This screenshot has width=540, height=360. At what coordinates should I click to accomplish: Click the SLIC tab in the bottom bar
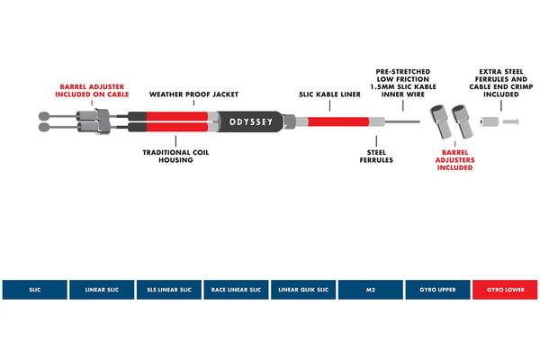click(x=34, y=289)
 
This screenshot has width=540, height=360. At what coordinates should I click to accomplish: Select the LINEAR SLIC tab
click(x=102, y=289)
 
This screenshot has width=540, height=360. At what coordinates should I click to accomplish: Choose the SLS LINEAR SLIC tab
click(x=168, y=289)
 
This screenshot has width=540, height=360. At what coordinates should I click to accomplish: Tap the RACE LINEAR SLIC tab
click(x=236, y=289)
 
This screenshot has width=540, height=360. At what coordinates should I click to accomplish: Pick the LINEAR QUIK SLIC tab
click(x=303, y=289)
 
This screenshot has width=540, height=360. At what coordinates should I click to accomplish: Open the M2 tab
click(x=371, y=289)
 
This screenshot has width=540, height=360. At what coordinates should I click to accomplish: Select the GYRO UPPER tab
click(x=437, y=289)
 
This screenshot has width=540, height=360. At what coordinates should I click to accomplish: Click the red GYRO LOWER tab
click(x=505, y=289)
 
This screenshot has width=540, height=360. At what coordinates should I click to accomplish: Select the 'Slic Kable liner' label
click(x=330, y=94)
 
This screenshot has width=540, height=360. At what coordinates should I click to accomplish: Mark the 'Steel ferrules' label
click(x=377, y=156)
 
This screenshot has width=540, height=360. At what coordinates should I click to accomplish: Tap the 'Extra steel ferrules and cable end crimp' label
click(x=500, y=82)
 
